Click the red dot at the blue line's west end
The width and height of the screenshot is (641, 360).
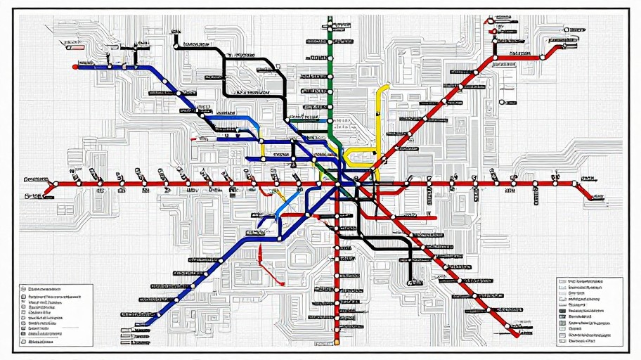75,67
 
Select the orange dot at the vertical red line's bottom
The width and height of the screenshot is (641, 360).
337,342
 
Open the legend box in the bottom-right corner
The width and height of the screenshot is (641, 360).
589,310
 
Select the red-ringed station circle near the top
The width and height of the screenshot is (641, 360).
494,31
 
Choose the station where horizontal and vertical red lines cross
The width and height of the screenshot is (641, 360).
337,184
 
